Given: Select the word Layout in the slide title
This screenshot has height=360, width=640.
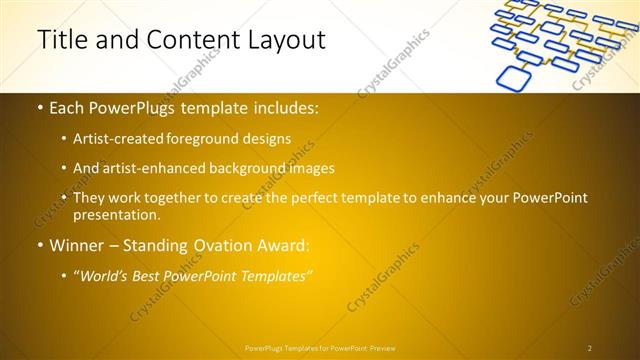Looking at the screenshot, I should tap(283, 40).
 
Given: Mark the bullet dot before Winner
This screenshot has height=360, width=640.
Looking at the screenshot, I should tap(39, 245).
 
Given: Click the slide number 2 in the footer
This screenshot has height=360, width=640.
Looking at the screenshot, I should tap(590, 348).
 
